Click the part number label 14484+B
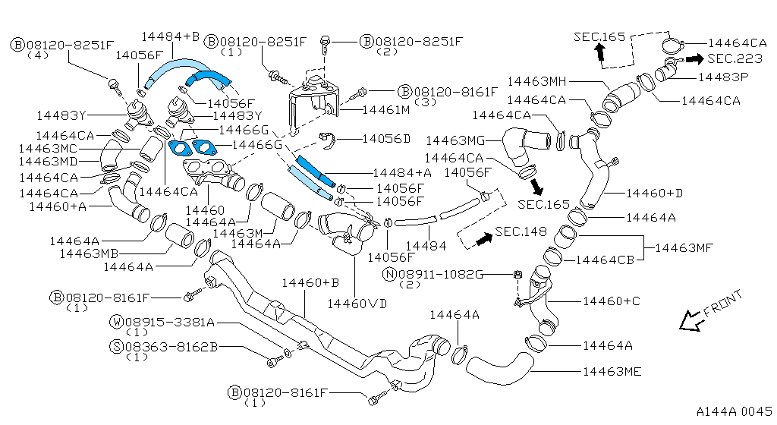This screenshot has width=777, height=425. (x=170, y=36)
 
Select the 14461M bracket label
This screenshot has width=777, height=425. (x=385, y=109)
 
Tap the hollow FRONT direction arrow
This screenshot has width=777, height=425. (x=691, y=320)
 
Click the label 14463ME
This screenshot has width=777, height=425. (x=612, y=371)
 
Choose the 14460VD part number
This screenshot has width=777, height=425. (x=357, y=303)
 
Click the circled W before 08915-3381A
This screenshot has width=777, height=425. (x=117, y=321)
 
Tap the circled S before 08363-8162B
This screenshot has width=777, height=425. (x=117, y=346)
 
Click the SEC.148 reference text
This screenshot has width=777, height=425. (x=521, y=231)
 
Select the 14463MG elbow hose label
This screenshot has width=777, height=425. (x=455, y=140)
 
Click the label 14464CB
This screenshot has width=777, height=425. (x=605, y=260)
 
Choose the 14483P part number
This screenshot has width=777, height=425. (x=723, y=77)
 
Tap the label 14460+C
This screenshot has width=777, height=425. (x=612, y=301)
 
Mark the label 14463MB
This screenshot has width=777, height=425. (x=90, y=253)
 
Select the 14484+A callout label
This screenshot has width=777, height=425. (x=402, y=172)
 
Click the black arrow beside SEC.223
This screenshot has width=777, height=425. (x=695, y=58)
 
